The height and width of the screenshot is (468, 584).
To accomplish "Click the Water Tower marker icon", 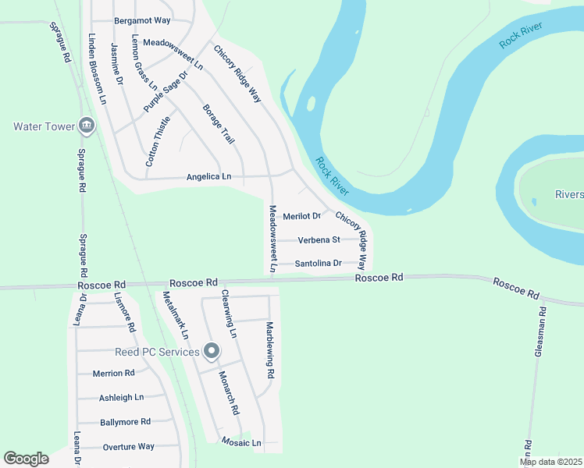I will (x=87, y=126).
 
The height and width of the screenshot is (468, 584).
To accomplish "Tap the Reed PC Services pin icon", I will (x=211, y=353).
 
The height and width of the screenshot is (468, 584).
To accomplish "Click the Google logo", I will (x=26, y=459).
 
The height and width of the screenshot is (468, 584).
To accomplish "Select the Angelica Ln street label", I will (x=208, y=177).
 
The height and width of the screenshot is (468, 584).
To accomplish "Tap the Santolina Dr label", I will (x=319, y=264).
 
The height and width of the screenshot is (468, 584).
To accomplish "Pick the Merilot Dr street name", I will (x=302, y=216).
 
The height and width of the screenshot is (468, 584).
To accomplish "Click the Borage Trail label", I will (x=219, y=124).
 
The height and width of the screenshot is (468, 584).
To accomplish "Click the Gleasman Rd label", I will (x=539, y=332).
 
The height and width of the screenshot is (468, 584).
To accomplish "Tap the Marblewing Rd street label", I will (x=270, y=350).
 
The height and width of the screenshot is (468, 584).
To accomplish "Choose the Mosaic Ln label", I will (x=240, y=442).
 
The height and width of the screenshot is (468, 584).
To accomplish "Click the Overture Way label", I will (x=129, y=447).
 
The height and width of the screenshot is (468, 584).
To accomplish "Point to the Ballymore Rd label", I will (x=125, y=422).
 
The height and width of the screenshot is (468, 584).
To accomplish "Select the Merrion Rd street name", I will (x=114, y=373).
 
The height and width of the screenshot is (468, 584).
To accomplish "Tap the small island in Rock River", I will (x=312, y=104).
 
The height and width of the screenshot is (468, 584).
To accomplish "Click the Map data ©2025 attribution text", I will (x=551, y=462).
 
